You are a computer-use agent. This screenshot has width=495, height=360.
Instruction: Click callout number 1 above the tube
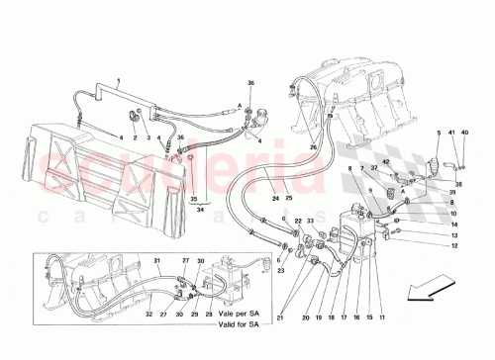(119, 78)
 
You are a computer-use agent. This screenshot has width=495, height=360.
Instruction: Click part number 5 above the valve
(440, 132)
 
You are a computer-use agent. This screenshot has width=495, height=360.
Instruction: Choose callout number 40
(466, 132)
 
